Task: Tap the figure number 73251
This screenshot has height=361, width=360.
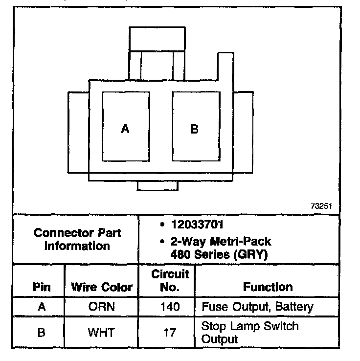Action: click(x=321, y=206)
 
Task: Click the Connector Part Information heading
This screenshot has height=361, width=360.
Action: click(x=77, y=239)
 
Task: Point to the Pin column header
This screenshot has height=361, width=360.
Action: click(x=42, y=287)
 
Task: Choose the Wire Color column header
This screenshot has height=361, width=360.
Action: click(x=102, y=287)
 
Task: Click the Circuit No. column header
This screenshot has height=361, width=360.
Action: click(x=169, y=280)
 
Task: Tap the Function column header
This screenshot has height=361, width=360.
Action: click(x=268, y=287)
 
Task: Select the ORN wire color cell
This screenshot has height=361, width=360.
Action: click(x=101, y=307)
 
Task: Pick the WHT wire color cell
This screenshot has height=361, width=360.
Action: click(x=101, y=333)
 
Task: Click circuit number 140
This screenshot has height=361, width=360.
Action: click(x=170, y=307)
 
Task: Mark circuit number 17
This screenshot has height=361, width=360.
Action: click(x=170, y=333)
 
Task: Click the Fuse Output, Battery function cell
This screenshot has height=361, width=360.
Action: click(x=257, y=307)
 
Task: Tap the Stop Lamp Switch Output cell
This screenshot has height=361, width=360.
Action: click(x=249, y=332)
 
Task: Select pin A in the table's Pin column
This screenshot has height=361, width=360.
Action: click(x=42, y=307)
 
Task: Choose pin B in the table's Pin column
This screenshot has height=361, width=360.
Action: click(x=42, y=333)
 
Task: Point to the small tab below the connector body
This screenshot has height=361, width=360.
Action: click(x=157, y=186)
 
